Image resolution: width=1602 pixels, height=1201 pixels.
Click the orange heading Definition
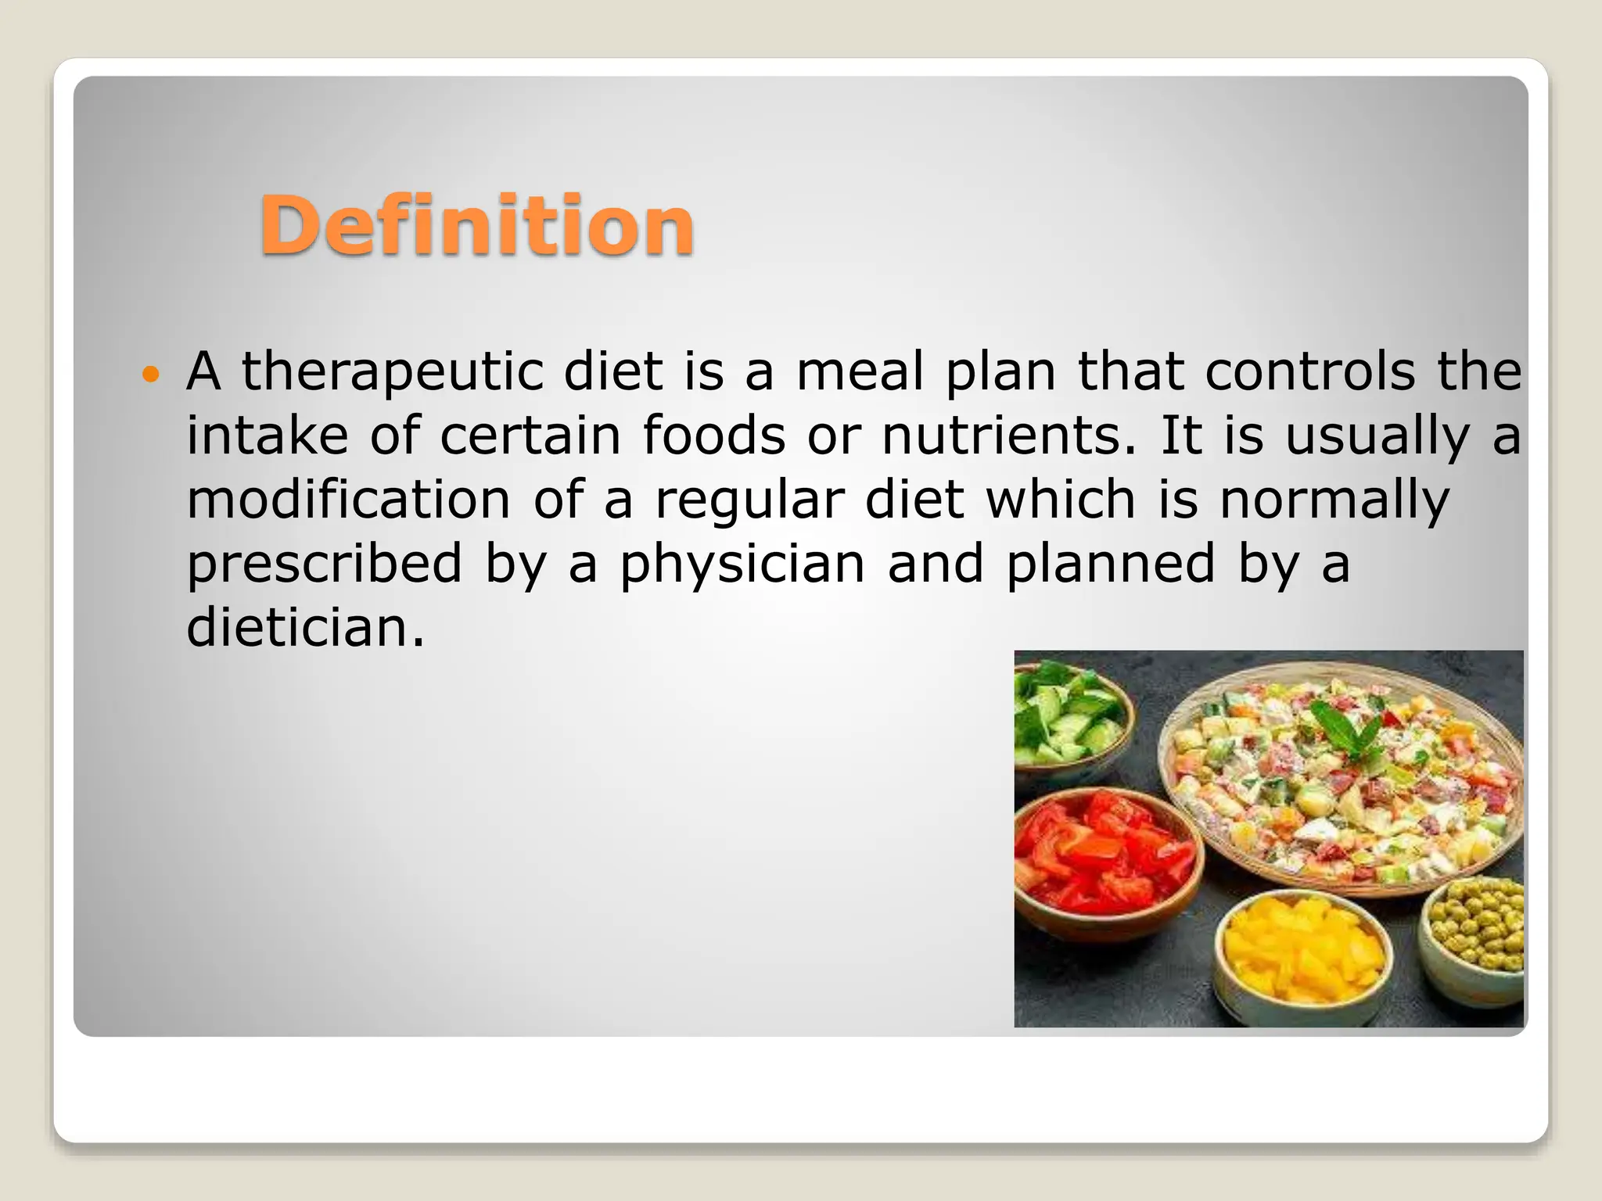click(x=476, y=225)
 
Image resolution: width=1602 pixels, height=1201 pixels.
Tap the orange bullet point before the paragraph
click(x=151, y=374)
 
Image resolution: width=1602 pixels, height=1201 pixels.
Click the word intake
click(x=267, y=436)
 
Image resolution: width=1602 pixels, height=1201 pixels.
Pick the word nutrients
click(x=1007, y=436)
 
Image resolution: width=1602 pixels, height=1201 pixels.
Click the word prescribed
click(x=324, y=565)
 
